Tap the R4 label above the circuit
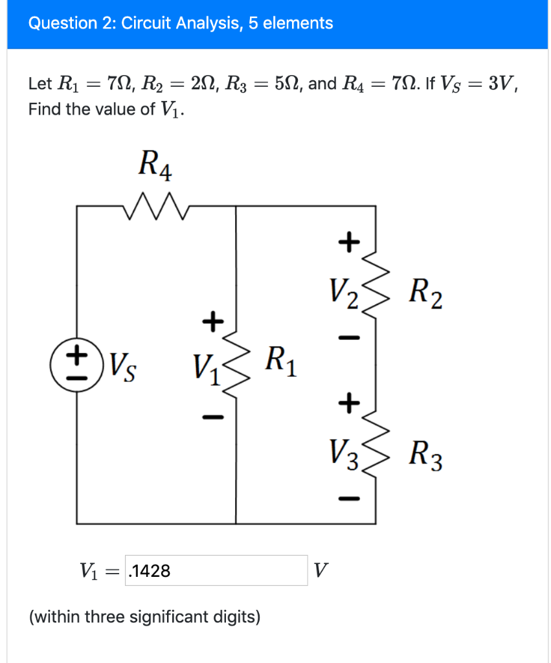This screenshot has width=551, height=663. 155,164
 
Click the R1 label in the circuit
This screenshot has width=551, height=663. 281,361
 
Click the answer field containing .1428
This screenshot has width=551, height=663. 216,570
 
